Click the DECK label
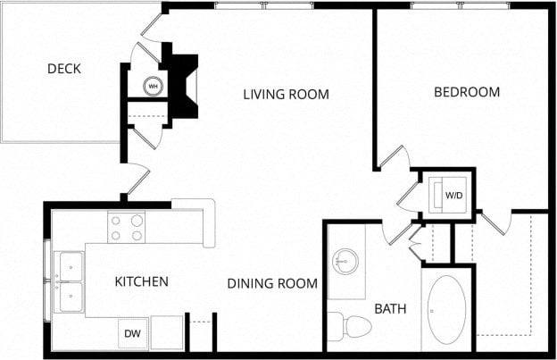click(64, 69)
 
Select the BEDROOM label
click(466, 92)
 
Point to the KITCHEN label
click(141, 281)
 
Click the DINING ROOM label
click(272, 284)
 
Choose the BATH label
click(390, 309)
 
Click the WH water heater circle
click(154, 87)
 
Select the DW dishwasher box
click(132, 333)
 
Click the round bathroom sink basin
click(345, 263)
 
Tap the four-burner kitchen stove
click(127, 227)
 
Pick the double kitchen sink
click(69, 281)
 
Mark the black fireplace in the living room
click(183, 85)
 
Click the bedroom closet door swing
click(495, 222)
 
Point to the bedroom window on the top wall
click(461, 6)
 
